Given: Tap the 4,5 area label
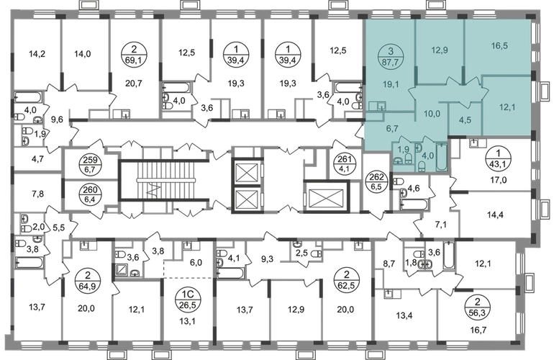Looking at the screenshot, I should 466,120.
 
